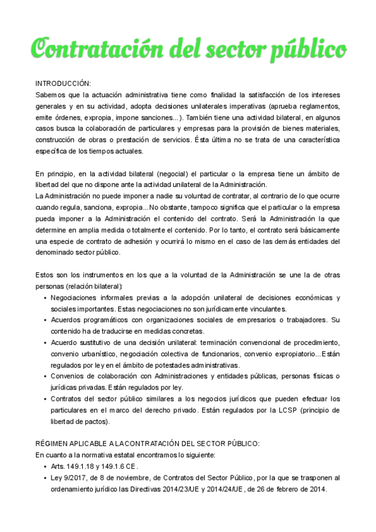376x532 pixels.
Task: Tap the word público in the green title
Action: click(308, 48)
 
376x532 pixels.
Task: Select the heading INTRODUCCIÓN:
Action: click(63, 83)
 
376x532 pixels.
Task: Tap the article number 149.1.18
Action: click(82, 466)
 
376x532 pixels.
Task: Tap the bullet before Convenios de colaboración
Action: click(45, 376)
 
